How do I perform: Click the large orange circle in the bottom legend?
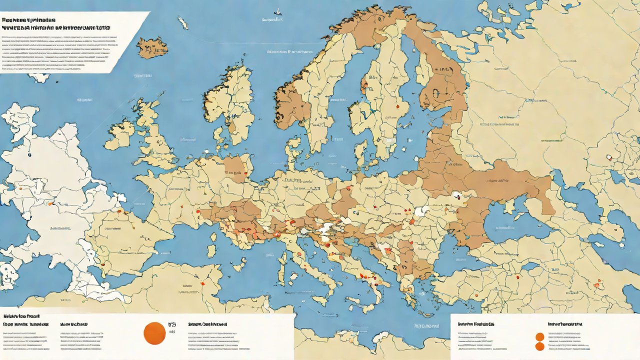pyautogui.click(x=154, y=333)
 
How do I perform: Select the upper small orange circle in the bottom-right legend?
pyautogui.click(x=539, y=337)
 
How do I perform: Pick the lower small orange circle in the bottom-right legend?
pyautogui.click(x=539, y=346)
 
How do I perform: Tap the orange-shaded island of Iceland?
pyautogui.click(x=152, y=48)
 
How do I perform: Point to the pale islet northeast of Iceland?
pyautogui.click(x=183, y=23)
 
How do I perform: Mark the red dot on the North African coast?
pyautogui.click(x=202, y=283)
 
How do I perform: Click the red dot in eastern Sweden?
pyautogui.click(x=397, y=106)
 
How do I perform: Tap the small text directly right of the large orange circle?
pyautogui.click(x=172, y=327)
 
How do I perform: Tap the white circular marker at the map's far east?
pyautogui.click(x=609, y=158)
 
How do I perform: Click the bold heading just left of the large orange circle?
pyautogui.click(x=74, y=324)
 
